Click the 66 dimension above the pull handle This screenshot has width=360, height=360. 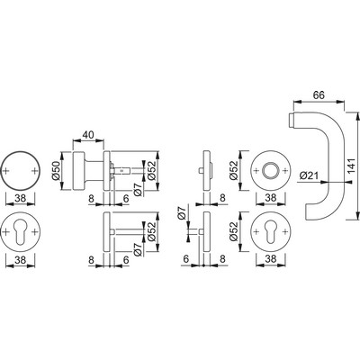[319, 95]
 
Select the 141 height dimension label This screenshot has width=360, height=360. [351, 167]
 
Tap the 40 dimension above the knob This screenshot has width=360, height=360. [88, 135]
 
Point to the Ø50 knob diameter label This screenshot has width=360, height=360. [57, 171]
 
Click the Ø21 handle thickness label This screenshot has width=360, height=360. [309, 175]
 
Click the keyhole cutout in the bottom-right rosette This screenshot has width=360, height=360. [271, 233]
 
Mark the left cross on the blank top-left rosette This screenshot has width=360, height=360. [6, 171]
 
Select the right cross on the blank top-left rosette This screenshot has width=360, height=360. [35, 171]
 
